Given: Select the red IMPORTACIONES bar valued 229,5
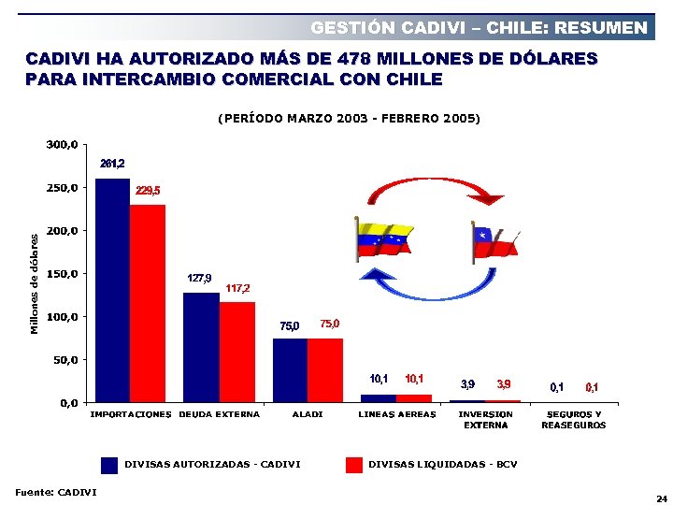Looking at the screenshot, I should tap(147, 304).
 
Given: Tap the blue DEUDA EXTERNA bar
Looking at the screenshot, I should tap(200, 347).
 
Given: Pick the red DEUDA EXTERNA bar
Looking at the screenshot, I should tap(236, 352).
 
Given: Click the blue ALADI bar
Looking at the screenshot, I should tap(290, 370).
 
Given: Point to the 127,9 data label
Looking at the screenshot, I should tap(199, 279).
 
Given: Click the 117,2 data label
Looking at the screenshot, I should tap(237, 288).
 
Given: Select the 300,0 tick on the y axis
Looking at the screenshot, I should tap(63, 145).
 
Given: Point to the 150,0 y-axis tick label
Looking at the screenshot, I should tap(63, 274).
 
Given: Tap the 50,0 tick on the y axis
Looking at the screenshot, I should tap(65, 360).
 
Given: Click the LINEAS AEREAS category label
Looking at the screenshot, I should tap(397, 414).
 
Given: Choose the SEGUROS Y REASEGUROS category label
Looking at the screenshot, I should tap(574, 420).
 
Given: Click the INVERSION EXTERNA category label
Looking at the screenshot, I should tap(486, 420).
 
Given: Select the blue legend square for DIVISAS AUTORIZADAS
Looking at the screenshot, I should tap(109, 465).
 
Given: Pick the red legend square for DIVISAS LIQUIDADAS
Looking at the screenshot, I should tap(353, 465).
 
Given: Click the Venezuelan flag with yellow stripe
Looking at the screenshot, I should tap(384, 240).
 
